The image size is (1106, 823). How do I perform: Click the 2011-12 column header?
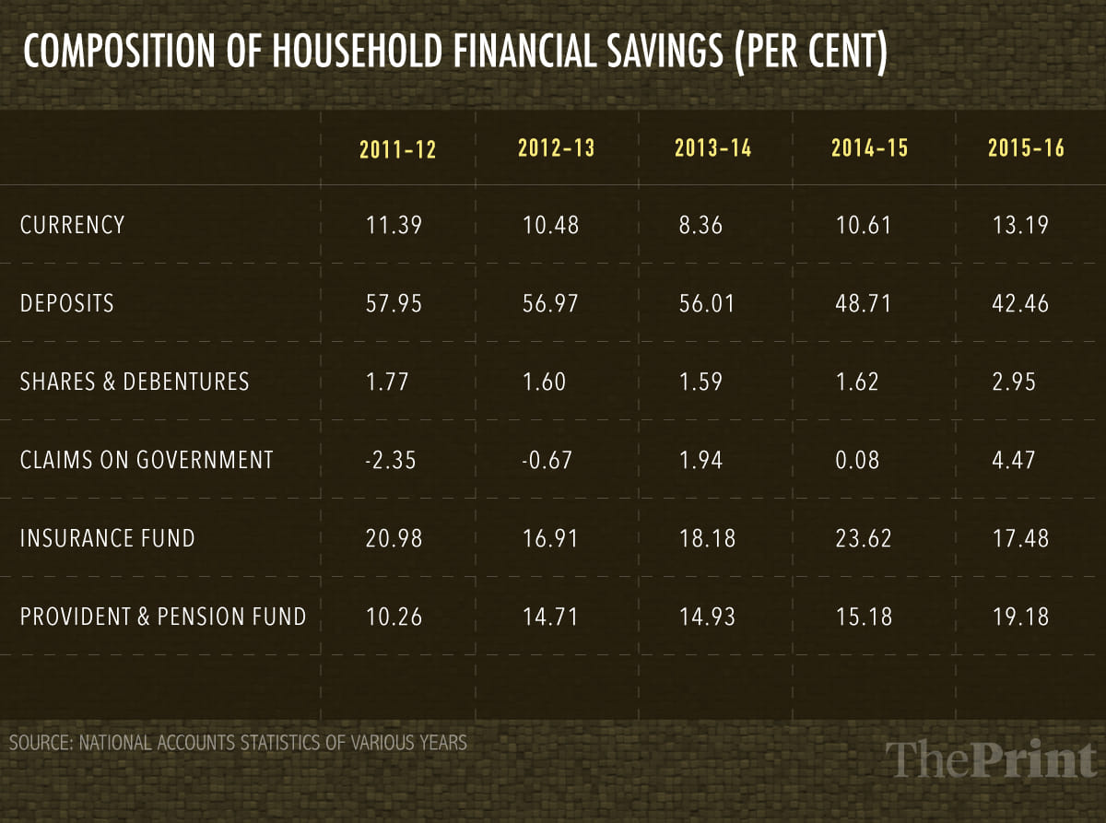pos(397,149)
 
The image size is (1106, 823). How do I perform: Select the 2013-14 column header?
pos(712,147)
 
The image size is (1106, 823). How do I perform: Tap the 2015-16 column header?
pos(1026,147)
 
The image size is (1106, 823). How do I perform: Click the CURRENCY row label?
pos(72,224)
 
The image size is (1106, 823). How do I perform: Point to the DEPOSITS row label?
pos(67,303)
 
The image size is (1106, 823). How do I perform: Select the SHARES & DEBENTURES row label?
pos(135,382)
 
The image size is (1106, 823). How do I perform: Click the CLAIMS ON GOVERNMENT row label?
pos(147,459)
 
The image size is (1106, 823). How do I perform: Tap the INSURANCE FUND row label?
pos(108,537)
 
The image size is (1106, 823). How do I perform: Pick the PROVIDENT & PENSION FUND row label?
pos(163,616)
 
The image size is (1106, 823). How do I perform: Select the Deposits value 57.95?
pos(394,303)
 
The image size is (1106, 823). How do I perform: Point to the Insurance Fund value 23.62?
pos(862,537)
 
